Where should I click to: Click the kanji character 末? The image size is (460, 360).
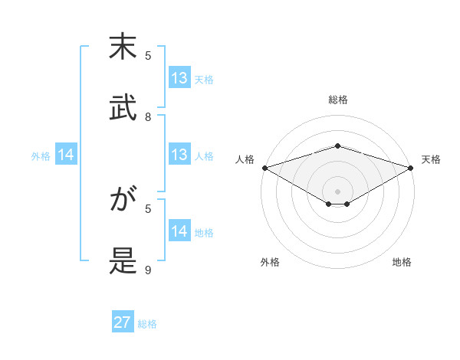point(123,47)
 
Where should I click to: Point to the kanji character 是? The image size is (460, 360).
point(123,260)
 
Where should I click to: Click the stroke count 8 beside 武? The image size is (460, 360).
point(148,117)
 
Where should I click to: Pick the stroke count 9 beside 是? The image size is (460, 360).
point(148,270)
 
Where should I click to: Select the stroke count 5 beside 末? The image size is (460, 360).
point(148,55)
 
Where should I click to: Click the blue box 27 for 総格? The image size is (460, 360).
point(123,322)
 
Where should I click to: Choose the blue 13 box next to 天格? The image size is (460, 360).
point(179,78)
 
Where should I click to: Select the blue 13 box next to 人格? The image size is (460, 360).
point(179,155)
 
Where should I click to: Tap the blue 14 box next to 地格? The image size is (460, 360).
point(179,231)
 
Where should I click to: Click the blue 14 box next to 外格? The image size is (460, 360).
point(66,155)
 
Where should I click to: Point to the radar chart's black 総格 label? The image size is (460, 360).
point(338,100)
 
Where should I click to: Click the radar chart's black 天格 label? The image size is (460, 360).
point(431,159)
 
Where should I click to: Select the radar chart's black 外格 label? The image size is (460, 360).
point(270,263)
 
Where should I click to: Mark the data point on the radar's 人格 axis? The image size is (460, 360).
point(264,167)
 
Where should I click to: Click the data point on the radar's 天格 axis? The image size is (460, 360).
point(411,167)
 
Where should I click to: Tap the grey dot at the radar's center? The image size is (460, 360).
point(338,191)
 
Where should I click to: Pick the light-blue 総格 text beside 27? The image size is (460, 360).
point(147,324)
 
